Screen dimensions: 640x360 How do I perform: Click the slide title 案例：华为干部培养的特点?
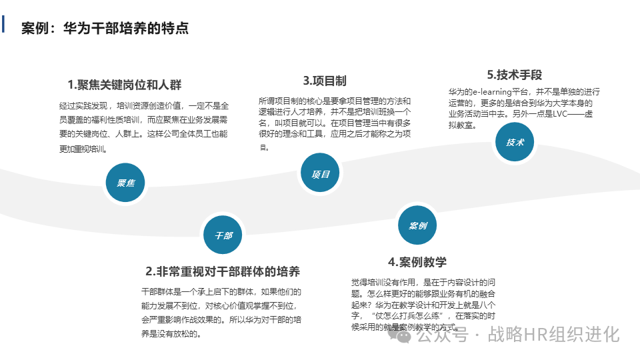coord(105,28)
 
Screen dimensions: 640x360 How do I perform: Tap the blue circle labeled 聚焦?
coord(125,182)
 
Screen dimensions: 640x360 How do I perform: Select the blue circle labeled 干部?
coord(223,235)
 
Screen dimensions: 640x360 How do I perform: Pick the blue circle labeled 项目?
coord(321,173)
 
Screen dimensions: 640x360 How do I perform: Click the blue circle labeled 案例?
coord(417,225)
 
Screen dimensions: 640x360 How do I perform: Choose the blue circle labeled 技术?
coord(515,142)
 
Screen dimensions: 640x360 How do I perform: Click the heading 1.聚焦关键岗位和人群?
coord(125,85)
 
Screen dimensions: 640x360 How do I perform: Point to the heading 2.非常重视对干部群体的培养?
coord(223,271)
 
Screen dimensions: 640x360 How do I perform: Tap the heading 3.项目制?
coord(325,81)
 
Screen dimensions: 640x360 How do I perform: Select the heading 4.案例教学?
coord(417,261)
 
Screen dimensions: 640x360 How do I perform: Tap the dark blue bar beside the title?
coord(4,24)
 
